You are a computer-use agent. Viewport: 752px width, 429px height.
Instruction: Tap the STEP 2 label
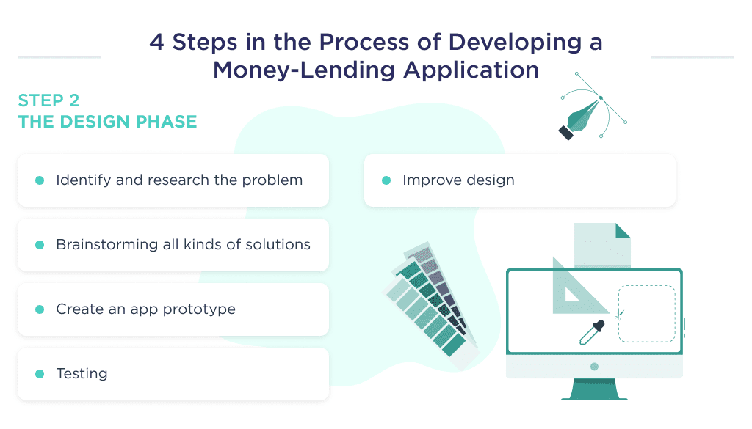(x=48, y=100)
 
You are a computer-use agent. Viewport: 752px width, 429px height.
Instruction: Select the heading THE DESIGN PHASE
(x=107, y=122)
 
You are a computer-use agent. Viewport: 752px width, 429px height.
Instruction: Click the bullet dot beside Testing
(x=40, y=374)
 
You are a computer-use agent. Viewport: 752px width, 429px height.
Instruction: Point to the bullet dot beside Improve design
(x=386, y=180)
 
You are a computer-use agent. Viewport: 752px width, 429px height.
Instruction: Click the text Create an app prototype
(x=145, y=309)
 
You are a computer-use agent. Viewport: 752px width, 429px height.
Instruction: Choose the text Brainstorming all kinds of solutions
(x=183, y=245)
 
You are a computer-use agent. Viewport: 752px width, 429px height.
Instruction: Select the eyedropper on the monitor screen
(x=591, y=333)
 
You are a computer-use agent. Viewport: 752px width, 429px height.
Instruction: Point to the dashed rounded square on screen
(x=646, y=313)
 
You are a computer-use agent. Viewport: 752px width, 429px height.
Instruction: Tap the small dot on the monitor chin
(x=594, y=367)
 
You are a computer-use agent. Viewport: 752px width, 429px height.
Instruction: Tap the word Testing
(x=82, y=374)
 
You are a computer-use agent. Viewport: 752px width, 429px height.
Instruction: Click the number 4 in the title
(x=156, y=42)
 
